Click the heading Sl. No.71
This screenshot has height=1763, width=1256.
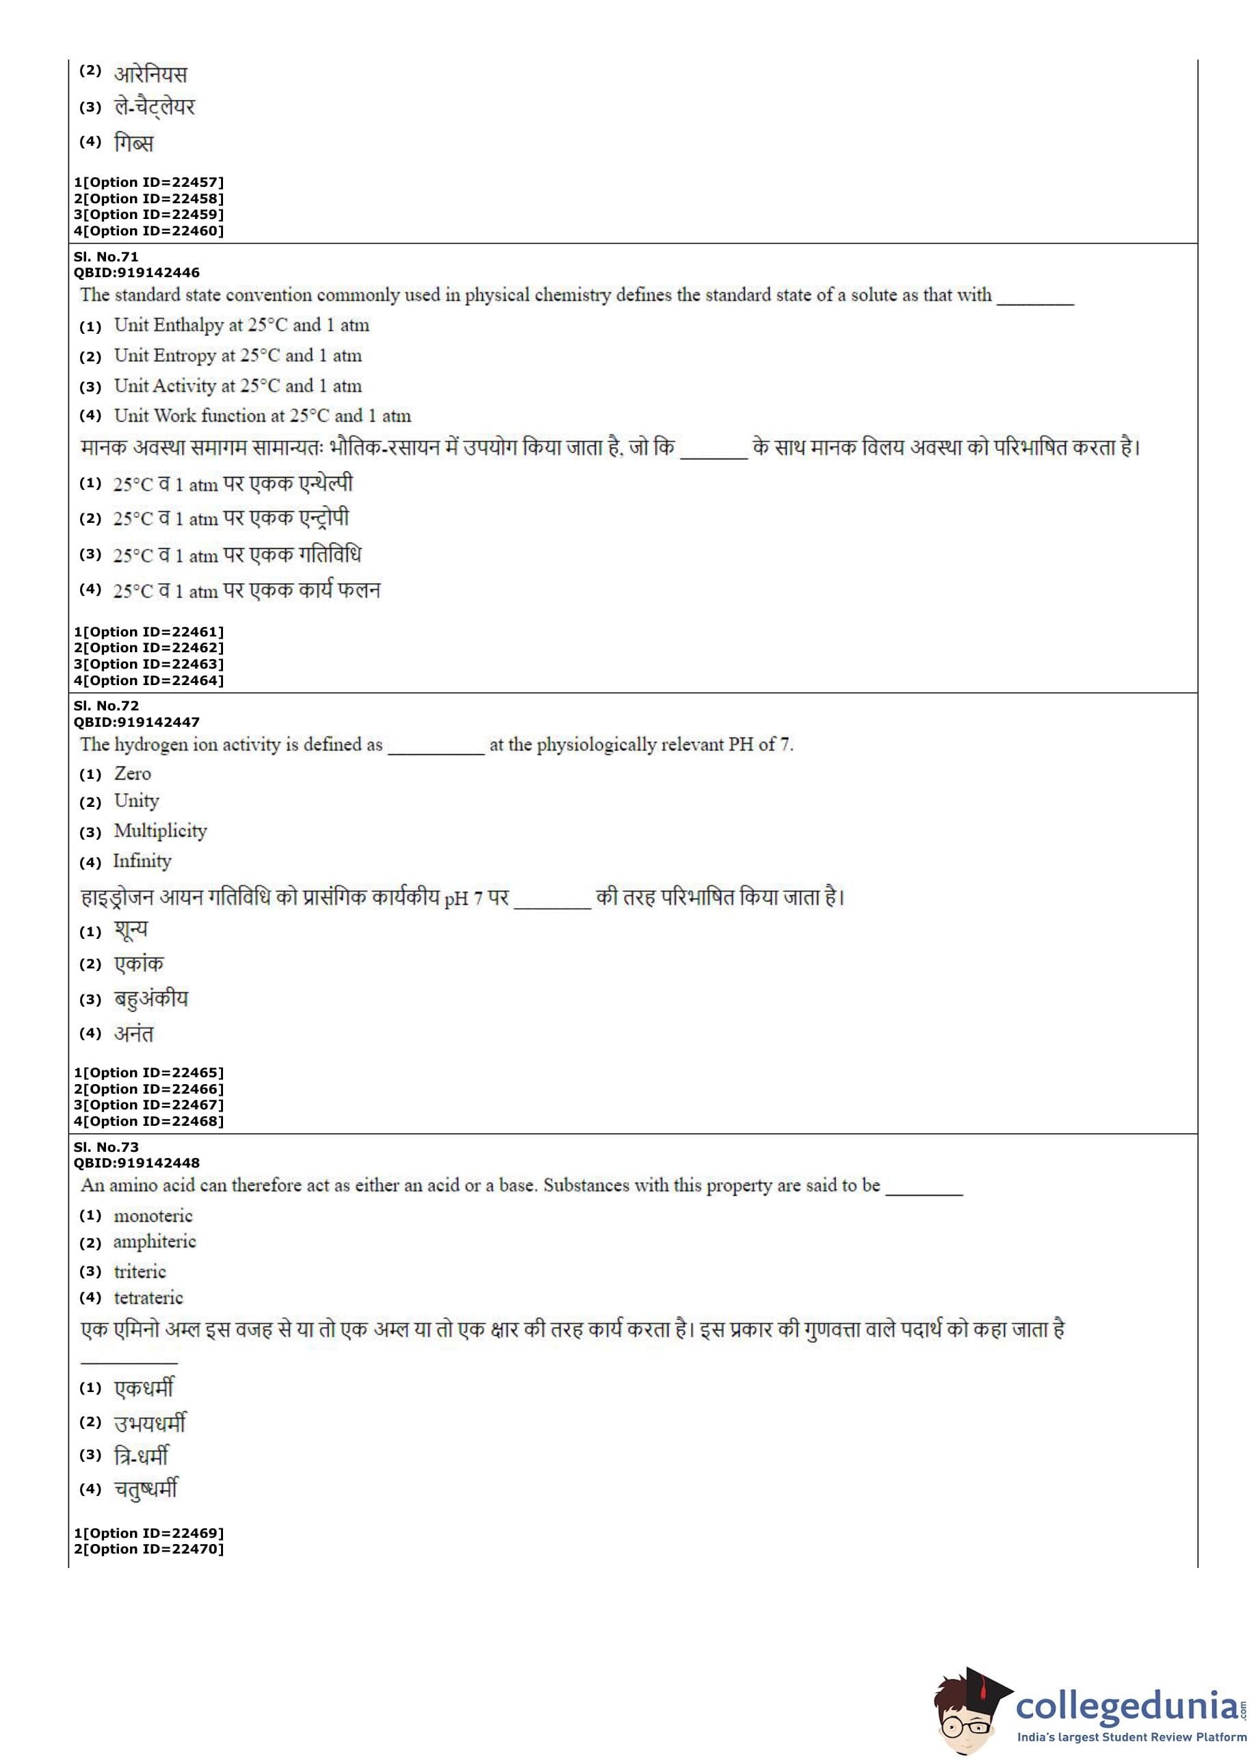coord(106,257)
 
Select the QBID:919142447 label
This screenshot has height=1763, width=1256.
coord(136,722)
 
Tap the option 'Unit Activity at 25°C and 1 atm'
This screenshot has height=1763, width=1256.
coord(237,386)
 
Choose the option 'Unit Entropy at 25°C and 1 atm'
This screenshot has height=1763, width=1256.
coord(237,356)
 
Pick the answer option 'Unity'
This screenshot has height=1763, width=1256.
coord(136,801)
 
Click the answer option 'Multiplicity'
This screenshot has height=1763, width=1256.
coord(160,832)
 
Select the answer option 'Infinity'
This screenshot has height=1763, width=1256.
coord(142,862)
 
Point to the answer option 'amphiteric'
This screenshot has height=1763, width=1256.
coord(155,1242)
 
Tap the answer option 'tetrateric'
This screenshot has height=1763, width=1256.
coord(148,1298)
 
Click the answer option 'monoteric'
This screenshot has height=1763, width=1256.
coord(153,1216)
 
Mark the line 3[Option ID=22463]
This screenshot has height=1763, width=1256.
coord(148,664)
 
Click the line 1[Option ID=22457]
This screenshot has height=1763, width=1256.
coord(148,183)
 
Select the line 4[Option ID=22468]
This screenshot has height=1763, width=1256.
coord(148,1121)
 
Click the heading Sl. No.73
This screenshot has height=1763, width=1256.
coord(106,1147)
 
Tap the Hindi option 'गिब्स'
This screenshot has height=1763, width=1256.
coord(134,143)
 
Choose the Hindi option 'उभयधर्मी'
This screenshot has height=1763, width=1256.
coord(150,1423)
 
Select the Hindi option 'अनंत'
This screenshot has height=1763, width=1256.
coord(134,1034)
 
